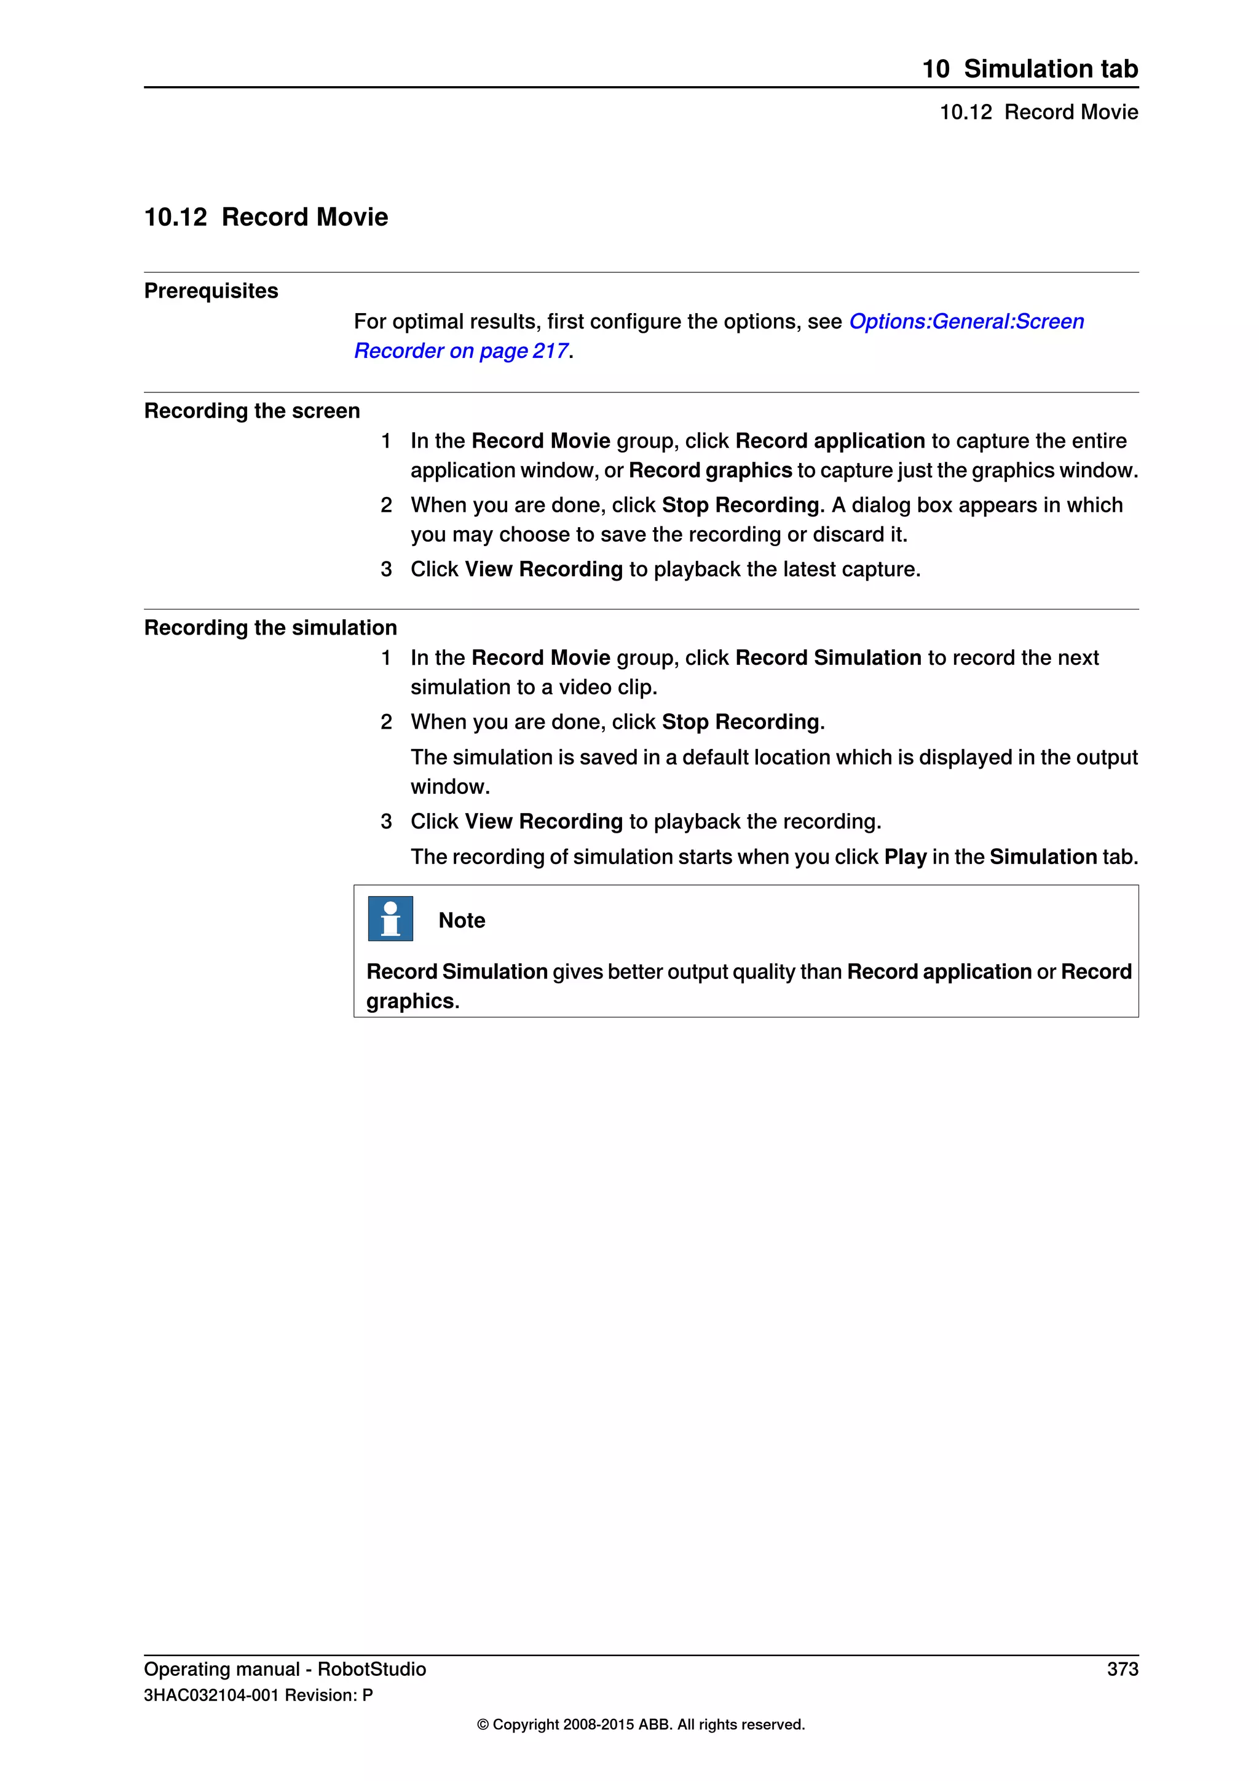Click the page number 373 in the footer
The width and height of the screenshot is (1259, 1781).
click(1122, 1669)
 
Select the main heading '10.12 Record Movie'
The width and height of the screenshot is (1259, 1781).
click(266, 217)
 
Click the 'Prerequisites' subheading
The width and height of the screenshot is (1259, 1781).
click(211, 291)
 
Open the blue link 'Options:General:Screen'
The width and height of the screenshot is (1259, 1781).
click(966, 321)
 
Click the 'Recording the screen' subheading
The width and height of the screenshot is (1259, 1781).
click(252, 411)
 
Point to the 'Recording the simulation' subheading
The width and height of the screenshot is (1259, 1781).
click(270, 627)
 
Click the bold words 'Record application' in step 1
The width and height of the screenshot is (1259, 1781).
click(829, 440)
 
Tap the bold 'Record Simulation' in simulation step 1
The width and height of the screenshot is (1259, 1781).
click(828, 658)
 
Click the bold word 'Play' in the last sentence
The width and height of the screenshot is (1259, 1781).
click(905, 857)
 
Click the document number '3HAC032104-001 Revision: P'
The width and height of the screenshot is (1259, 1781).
click(258, 1696)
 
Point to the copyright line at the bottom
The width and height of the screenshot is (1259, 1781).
click(641, 1725)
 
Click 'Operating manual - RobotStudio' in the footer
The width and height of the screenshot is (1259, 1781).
click(285, 1669)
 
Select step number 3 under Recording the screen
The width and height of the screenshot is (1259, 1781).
click(386, 569)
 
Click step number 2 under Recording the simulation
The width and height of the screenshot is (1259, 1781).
click(386, 722)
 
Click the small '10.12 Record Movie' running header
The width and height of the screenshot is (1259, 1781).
click(1038, 113)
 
